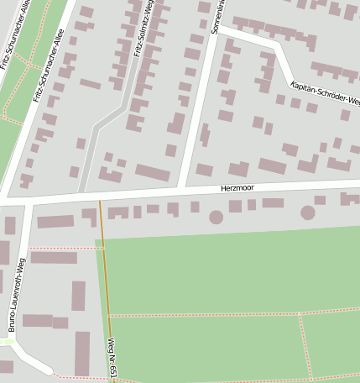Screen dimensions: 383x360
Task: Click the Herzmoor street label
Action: tap(237, 190)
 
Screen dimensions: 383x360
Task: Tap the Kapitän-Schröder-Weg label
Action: tap(325, 95)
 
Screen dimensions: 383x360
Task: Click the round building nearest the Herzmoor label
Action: tap(217, 217)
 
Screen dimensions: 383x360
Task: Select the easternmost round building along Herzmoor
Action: tap(308, 212)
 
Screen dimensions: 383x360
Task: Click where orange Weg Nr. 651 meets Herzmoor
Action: tap(100, 199)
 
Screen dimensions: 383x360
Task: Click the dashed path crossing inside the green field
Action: tap(300, 314)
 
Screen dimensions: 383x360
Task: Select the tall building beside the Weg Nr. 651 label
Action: tap(81, 353)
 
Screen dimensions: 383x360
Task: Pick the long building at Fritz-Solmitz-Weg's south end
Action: tap(152, 172)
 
